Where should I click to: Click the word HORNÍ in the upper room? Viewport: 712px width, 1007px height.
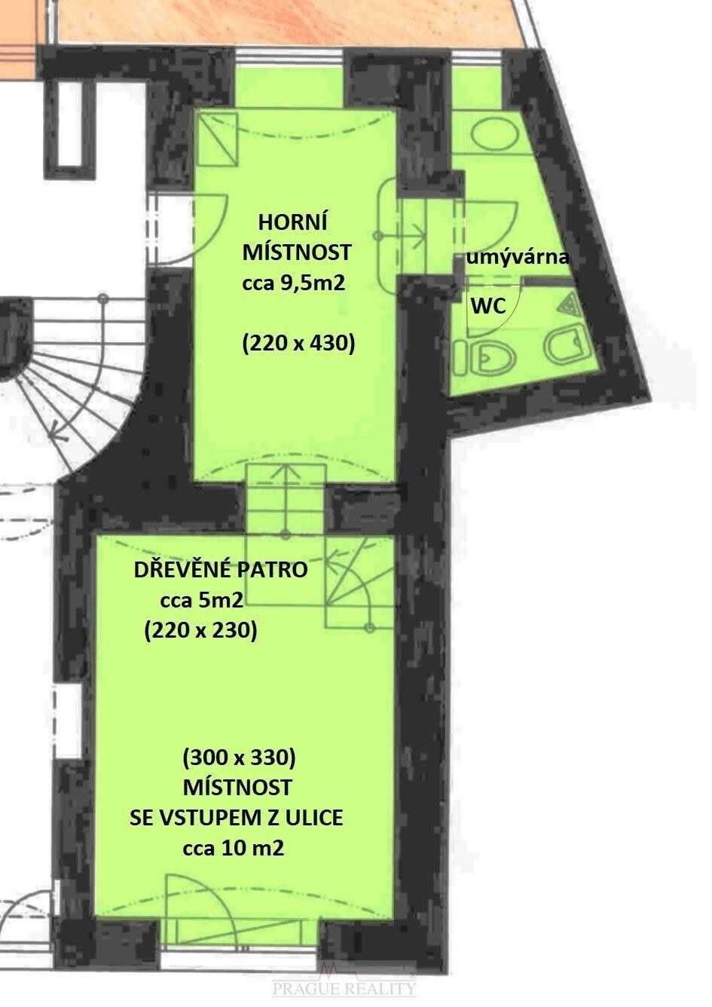pyautogui.click(x=292, y=222)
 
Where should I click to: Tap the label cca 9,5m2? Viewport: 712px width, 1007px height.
pyautogui.click(x=294, y=283)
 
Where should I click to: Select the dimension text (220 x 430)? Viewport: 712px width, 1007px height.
pyautogui.click(x=298, y=344)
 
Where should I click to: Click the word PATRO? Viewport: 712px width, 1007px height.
pyautogui.click(x=273, y=570)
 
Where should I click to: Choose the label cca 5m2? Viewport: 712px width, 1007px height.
pyautogui.click(x=202, y=600)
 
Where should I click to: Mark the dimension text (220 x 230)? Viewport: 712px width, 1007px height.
pyautogui.click(x=200, y=631)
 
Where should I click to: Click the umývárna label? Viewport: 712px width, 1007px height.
pyautogui.click(x=518, y=259)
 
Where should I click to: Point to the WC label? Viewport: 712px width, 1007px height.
pyautogui.click(x=488, y=306)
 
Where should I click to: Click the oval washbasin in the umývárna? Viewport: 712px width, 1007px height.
pyautogui.click(x=495, y=133)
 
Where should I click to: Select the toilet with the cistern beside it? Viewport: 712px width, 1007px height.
pyautogui.click(x=484, y=358)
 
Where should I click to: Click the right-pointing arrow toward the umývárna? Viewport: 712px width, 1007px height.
pyautogui.click(x=402, y=235)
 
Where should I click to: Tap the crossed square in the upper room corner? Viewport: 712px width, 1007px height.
pyautogui.click(x=217, y=139)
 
